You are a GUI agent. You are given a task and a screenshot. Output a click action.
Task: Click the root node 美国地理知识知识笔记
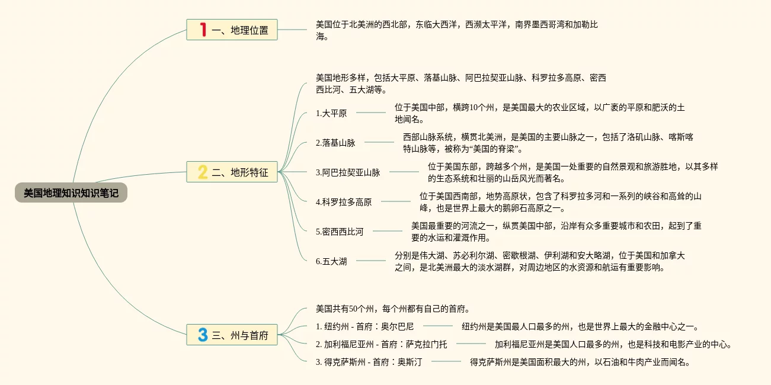(x=71, y=193)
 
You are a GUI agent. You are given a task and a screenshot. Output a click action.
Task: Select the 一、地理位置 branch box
(x=232, y=30)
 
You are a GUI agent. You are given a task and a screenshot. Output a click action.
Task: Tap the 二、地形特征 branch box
(x=232, y=172)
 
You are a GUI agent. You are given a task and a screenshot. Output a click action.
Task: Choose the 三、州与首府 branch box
(x=232, y=335)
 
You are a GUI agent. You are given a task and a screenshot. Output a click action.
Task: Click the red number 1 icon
(x=203, y=30)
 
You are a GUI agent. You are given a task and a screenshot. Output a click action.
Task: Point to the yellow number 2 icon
(x=203, y=172)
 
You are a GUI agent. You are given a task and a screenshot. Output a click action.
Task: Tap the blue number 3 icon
(x=203, y=335)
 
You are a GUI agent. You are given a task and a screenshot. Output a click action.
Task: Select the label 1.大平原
(x=331, y=113)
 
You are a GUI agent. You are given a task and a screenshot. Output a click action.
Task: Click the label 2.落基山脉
(x=335, y=143)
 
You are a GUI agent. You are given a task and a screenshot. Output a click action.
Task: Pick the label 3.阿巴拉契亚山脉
(x=348, y=172)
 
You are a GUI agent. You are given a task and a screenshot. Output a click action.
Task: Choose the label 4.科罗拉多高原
(x=344, y=202)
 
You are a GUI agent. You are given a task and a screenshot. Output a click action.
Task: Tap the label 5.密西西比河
(x=340, y=231)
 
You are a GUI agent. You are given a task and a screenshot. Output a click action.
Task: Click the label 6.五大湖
(x=331, y=261)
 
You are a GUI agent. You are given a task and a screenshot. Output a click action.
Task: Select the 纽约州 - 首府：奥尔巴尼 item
(x=364, y=326)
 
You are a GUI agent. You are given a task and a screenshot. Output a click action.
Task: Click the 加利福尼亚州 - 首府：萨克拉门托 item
(x=381, y=344)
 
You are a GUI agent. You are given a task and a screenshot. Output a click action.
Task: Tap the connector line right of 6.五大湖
(x=370, y=261)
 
